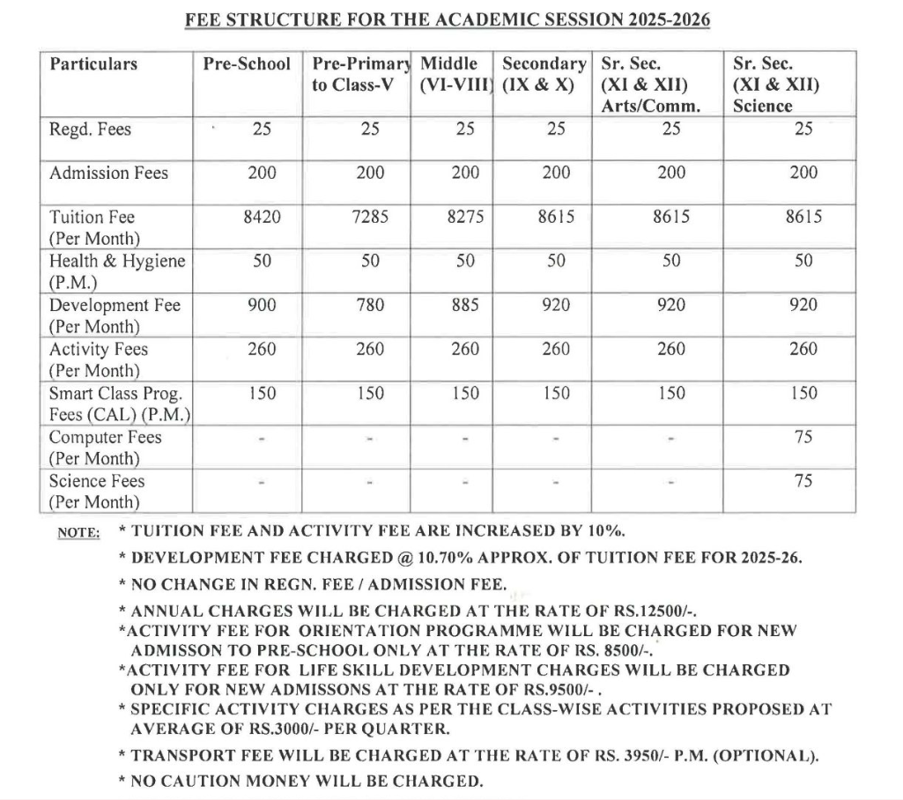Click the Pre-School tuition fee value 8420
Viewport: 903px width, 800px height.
(x=262, y=217)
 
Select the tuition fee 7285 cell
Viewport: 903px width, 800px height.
(x=370, y=217)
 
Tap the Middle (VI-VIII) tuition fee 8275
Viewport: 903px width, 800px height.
(x=465, y=217)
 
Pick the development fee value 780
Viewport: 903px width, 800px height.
(x=370, y=305)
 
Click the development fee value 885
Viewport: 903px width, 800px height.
(x=465, y=305)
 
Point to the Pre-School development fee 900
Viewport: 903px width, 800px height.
(x=262, y=305)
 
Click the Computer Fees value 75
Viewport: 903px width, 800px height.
(x=803, y=437)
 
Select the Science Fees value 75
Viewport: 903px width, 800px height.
(x=803, y=481)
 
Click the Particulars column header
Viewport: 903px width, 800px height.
(x=93, y=64)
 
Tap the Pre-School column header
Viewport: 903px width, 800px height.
(x=247, y=64)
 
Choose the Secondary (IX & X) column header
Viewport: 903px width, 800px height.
(x=544, y=75)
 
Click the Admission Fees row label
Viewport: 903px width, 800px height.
(x=108, y=173)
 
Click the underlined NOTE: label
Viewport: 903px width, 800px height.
(x=78, y=532)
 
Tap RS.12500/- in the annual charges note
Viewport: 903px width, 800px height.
(x=649, y=610)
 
